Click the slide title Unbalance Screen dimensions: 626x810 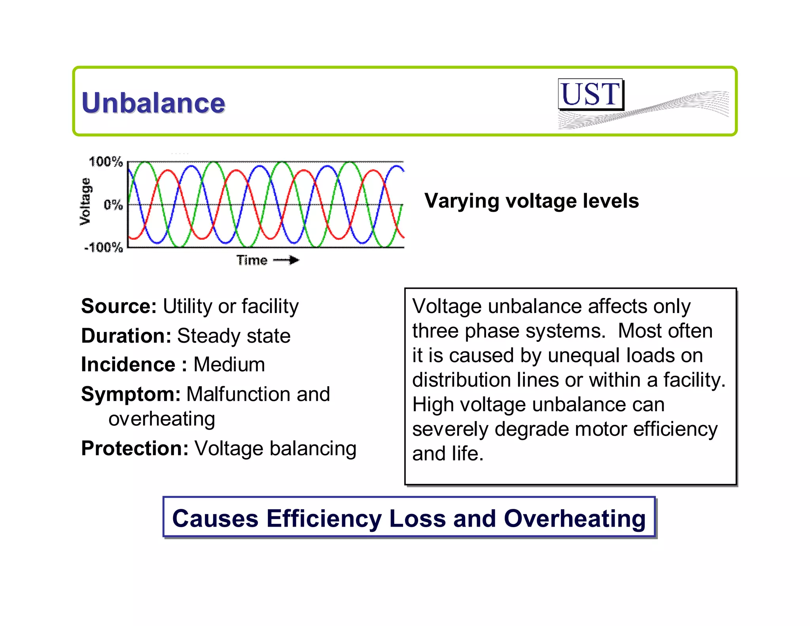coord(153,103)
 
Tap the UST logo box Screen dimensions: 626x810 coord(590,94)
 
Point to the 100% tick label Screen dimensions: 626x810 coord(106,161)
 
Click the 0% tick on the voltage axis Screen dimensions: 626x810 coord(113,205)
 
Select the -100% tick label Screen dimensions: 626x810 coord(103,248)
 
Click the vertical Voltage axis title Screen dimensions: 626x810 coord(85,201)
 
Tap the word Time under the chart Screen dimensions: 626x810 coord(252,260)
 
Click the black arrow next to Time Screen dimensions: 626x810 coord(287,260)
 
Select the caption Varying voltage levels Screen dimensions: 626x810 coord(531,201)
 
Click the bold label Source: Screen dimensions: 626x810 coord(119,306)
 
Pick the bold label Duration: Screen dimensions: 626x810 coord(126,336)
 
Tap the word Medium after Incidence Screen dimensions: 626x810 coord(229,364)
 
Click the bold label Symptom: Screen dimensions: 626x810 coord(131,394)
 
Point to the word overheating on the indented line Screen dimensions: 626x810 coord(162,419)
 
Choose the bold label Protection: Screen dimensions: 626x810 coord(135,448)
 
